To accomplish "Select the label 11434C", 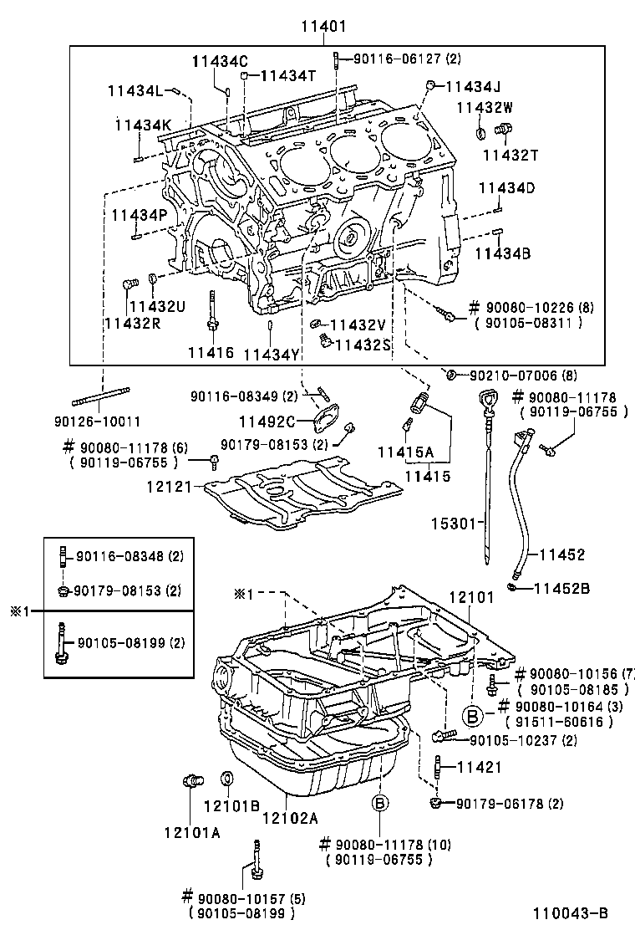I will (220, 60).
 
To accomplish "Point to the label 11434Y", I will (271, 354).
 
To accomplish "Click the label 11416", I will (211, 353).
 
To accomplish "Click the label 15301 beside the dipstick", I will (452, 524).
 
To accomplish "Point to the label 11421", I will (478, 765).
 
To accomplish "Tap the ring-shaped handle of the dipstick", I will (487, 397).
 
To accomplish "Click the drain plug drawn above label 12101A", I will (192, 781).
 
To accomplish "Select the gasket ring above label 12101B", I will (226, 780).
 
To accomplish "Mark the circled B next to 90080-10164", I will (472, 715).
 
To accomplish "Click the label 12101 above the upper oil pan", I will (471, 598).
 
